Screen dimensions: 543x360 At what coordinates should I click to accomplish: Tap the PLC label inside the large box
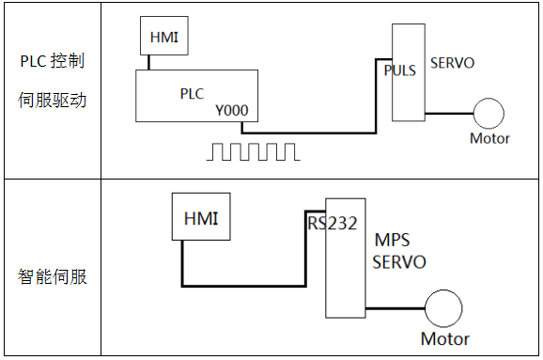tap(192, 94)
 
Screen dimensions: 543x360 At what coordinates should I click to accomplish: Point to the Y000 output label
tap(232, 111)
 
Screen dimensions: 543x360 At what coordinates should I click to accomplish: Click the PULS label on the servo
tap(400, 70)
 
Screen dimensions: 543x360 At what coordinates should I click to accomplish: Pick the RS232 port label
tap(333, 224)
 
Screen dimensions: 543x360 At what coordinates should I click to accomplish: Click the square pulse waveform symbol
tap(253, 151)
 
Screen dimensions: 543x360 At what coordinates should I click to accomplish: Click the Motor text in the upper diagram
tap(489, 138)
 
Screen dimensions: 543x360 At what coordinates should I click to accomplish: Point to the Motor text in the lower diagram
tap(445, 338)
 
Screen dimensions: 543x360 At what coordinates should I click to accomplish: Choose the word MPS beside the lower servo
tap(393, 240)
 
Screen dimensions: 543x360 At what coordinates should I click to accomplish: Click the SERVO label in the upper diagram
tap(452, 63)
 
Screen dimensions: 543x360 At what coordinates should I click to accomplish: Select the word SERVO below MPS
tap(399, 262)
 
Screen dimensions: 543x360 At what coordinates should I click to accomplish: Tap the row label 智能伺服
tap(52, 277)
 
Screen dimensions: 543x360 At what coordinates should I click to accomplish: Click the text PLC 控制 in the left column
tap(53, 61)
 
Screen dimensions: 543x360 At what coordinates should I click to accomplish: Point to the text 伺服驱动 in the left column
tap(52, 101)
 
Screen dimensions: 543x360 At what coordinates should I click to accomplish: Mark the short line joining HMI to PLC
tap(149, 62)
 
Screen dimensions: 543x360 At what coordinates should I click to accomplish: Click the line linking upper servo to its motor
tap(449, 114)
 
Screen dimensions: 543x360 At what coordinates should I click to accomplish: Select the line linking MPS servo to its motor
tap(396, 308)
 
